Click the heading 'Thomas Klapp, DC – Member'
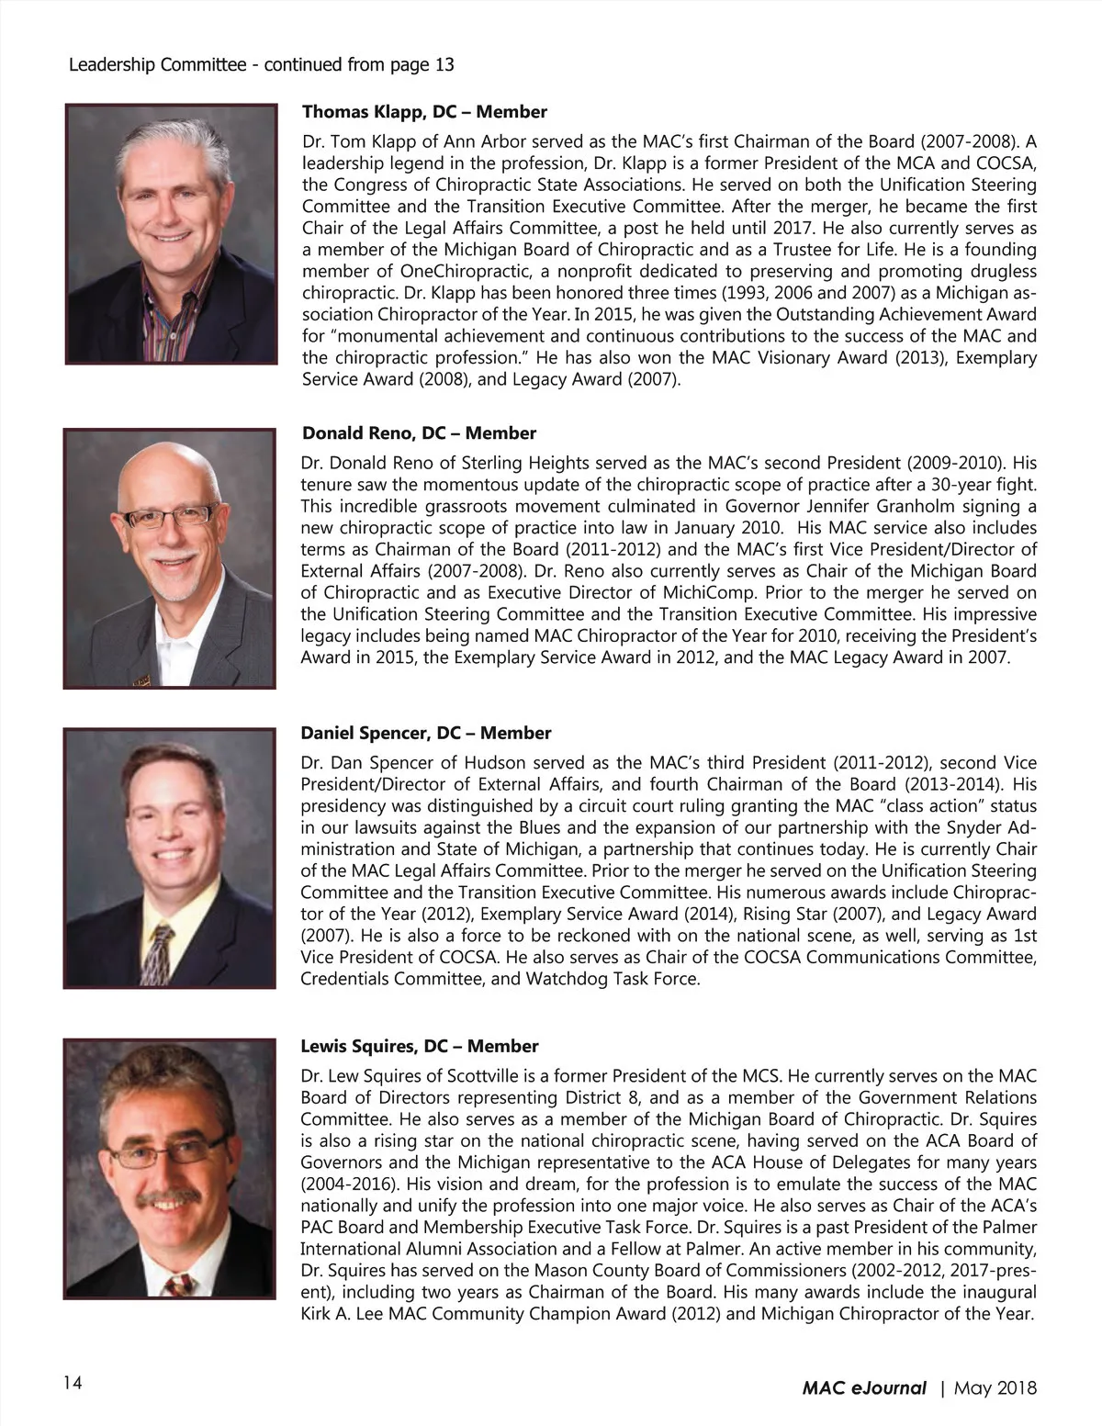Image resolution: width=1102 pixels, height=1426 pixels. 424,112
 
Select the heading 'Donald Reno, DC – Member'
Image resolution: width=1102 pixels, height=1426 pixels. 419,433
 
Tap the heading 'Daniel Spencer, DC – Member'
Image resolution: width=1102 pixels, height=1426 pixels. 426,733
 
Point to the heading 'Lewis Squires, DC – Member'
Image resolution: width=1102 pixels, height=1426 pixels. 420,1046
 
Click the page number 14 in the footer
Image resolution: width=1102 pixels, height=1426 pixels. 73,1383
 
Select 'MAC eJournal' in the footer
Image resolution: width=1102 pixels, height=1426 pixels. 864,1387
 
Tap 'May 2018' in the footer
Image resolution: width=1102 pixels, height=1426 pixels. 995,1387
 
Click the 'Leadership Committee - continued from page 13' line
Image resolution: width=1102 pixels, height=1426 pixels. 262,64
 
